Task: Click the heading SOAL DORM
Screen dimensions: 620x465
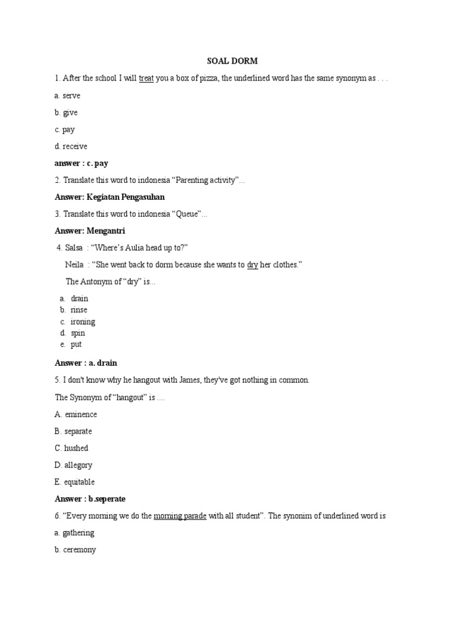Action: tap(232, 61)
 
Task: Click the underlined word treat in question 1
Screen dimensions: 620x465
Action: tap(146, 79)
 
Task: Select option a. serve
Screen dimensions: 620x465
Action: tap(67, 96)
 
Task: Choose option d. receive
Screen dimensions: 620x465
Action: tap(71, 146)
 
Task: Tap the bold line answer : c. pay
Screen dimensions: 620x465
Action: tap(81, 163)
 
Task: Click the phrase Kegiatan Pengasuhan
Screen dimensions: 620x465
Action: tap(125, 197)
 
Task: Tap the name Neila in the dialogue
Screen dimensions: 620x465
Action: tap(74, 265)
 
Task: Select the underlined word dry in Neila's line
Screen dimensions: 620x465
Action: tap(252, 265)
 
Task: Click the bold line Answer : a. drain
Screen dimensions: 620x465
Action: tap(86, 363)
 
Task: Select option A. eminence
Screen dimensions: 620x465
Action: tap(76, 414)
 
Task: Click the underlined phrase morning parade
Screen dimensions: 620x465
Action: tap(180, 516)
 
